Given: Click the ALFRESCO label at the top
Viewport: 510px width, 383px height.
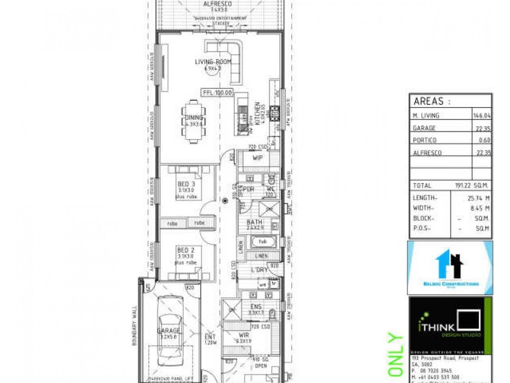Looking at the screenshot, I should click(x=216, y=4).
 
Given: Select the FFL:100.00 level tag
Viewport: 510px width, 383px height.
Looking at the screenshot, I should click(x=217, y=93).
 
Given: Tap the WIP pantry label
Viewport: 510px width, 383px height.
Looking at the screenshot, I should click(x=258, y=157).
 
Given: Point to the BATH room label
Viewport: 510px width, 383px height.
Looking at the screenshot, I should click(x=255, y=223).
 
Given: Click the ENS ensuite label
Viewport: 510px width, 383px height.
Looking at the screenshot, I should click(x=254, y=306).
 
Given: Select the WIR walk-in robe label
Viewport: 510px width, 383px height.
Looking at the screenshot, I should click(x=244, y=334).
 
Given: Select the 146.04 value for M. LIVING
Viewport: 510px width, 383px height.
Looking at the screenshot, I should click(x=480, y=116).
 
